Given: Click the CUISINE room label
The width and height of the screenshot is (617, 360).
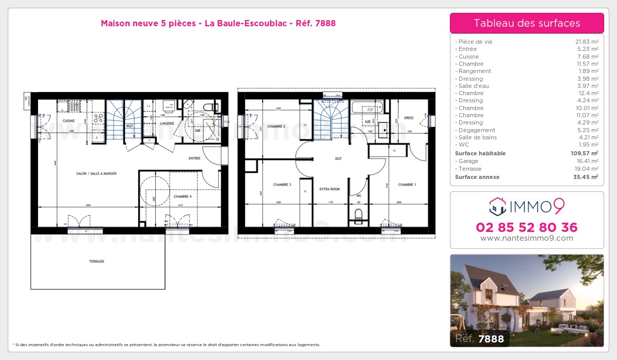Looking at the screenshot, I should coord(69,121).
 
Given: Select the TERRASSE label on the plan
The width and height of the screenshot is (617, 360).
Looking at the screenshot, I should coord(97,262).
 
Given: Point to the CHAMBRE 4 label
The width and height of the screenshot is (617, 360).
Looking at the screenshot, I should coord(183,196).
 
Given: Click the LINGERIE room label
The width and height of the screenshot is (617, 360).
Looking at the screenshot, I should coord(167,123).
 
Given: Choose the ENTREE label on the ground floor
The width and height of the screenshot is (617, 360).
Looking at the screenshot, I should coord(194,158).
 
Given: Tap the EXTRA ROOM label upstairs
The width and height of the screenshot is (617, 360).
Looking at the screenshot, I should coord(330,189).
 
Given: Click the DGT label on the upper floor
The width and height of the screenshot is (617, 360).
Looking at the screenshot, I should coord(338,159).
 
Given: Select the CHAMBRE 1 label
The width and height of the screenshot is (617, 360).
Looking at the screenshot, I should coord(407,185).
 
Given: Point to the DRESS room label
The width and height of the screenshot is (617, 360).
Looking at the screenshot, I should coord(409,118).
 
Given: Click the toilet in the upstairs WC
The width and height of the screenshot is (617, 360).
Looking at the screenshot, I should coord(359,214).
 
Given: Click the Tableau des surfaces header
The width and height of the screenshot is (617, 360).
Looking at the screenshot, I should coord(527,23).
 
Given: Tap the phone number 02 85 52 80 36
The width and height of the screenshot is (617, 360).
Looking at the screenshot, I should coord(527,227).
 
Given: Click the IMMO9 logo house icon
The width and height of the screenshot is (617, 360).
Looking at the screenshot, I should coord(498,206).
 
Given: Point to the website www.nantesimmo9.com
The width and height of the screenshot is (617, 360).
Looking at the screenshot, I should coord(527,238).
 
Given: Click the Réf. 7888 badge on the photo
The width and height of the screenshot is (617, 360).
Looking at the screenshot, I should coord(480,339).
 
